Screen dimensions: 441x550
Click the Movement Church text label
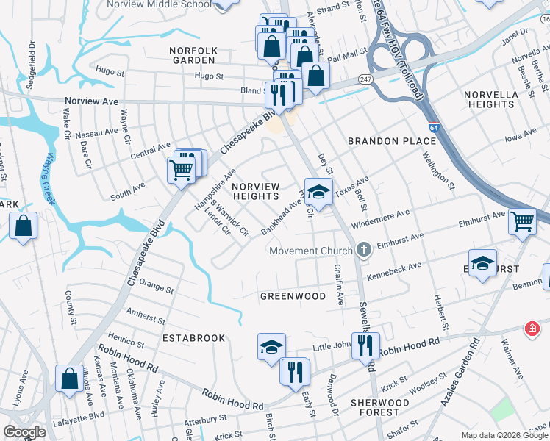click(311, 251)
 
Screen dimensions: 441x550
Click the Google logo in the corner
click(25, 432)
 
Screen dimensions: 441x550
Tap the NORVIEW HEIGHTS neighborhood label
click(255, 191)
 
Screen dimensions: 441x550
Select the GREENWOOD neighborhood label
click(293, 296)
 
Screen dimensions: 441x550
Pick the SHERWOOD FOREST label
click(379, 408)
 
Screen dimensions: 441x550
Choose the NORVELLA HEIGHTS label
click(492, 99)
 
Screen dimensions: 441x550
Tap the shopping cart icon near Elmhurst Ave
click(522, 220)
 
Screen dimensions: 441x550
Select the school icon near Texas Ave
click(318, 192)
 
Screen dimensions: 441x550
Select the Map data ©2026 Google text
click(504, 435)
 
